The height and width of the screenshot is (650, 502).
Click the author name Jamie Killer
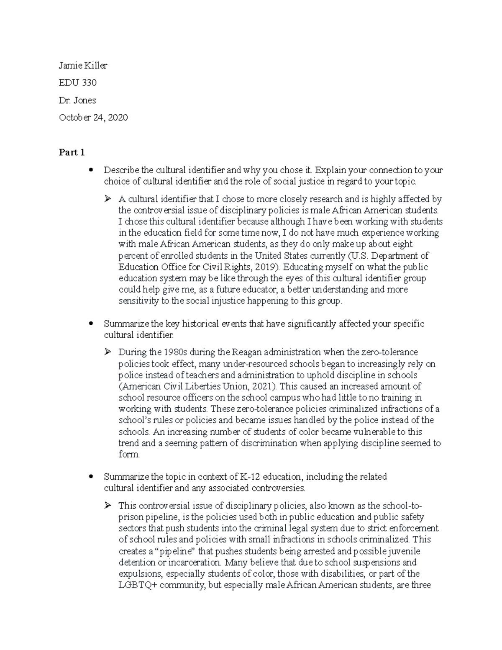pyautogui.click(x=83, y=65)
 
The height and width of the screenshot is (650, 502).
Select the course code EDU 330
pyautogui.click(x=78, y=82)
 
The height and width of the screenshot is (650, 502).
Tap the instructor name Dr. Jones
pyautogui.click(x=77, y=100)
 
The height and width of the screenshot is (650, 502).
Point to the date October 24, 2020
pyautogui.click(x=93, y=118)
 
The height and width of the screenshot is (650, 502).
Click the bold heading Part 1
pyautogui.click(x=72, y=152)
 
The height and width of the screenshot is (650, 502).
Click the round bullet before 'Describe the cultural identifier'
pyautogui.click(x=90, y=170)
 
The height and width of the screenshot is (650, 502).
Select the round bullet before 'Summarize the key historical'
pyautogui.click(x=90, y=324)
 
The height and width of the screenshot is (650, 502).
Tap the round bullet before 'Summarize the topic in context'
pyautogui.click(x=90, y=477)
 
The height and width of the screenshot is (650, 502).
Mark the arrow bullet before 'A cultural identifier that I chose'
pyautogui.click(x=108, y=199)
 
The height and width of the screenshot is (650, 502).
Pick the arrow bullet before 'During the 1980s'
pyautogui.click(x=108, y=352)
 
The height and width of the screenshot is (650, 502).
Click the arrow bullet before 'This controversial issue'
pyautogui.click(x=108, y=506)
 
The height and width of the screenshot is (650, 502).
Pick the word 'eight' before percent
pyautogui.click(x=402, y=244)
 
